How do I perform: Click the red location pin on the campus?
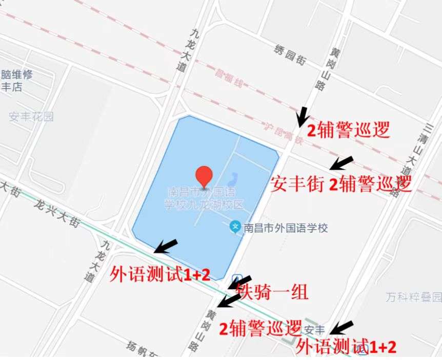(x=205, y=176)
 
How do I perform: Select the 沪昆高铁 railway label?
(x=282, y=132)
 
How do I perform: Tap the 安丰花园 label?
(x=31, y=116)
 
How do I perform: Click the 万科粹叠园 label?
(x=413, y=297)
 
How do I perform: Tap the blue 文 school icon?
(x=235, y=226)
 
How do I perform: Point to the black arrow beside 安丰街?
(x=341, y=163)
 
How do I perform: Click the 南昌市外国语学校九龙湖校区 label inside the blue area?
(x=204, y=199)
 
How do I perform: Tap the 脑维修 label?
(x=17, y=75)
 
